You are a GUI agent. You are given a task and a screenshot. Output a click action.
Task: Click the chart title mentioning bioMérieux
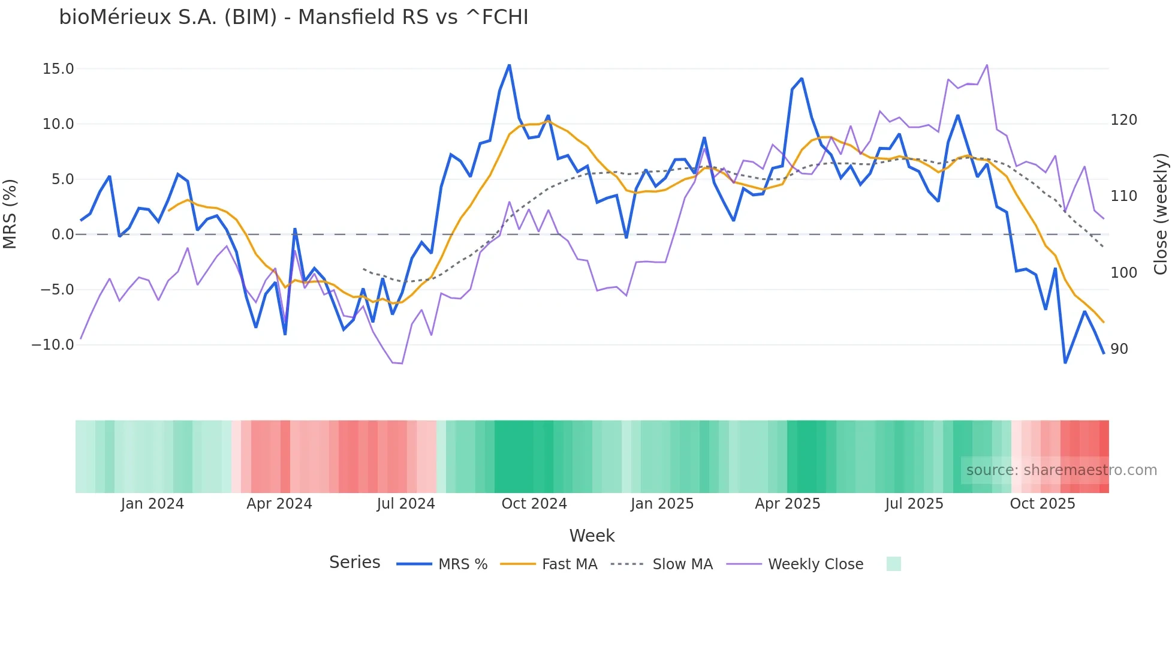[x=294, y=17]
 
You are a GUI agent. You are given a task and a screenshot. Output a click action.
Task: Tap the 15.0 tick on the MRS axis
[x=58, y=69]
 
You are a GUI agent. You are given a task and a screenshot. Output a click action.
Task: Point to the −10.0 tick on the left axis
[x=53, y=345]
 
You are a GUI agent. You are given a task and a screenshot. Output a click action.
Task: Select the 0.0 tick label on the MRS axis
[x=62, y=235]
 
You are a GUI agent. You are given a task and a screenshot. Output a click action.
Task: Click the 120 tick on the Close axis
[x=1123, y=120]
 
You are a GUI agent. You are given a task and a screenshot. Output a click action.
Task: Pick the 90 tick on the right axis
[x=1119, y=349]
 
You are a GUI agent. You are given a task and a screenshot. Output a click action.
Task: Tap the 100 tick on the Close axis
[x=1123, y=273]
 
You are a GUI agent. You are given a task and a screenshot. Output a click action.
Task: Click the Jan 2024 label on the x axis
[x=152, y=504]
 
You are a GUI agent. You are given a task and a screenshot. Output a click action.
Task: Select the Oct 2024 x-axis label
[x=534, y=504]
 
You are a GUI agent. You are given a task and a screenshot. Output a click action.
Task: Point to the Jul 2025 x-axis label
[x=914, y=504]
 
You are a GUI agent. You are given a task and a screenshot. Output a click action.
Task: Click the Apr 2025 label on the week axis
[x=788, y=504]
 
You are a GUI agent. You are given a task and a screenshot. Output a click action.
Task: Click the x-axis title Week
[x=592, y=536]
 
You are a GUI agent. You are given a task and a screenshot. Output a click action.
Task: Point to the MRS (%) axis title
[x=10, y=214]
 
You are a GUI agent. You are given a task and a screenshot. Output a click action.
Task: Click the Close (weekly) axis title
[x=1161, y=214]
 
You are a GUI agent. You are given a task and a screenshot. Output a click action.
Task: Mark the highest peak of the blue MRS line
[x=510, y=65]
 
